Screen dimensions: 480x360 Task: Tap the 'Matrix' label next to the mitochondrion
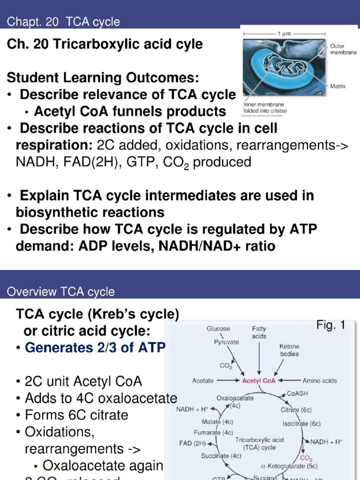338,86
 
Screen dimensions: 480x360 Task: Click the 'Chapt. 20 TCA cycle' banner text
63,22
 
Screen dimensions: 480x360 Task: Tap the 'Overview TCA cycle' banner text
60,292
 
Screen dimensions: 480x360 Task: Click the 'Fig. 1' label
331,325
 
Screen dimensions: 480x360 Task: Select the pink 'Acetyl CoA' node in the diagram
259,381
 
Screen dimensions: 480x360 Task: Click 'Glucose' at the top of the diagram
218,329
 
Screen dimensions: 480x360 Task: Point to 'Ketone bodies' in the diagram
289,350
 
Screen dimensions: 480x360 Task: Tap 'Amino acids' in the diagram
320,381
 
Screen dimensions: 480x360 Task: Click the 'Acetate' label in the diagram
203,381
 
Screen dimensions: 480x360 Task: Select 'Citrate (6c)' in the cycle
296,410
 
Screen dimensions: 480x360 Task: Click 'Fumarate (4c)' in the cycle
214,432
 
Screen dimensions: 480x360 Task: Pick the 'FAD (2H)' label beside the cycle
193,443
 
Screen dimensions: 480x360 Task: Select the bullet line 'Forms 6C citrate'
76,415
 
